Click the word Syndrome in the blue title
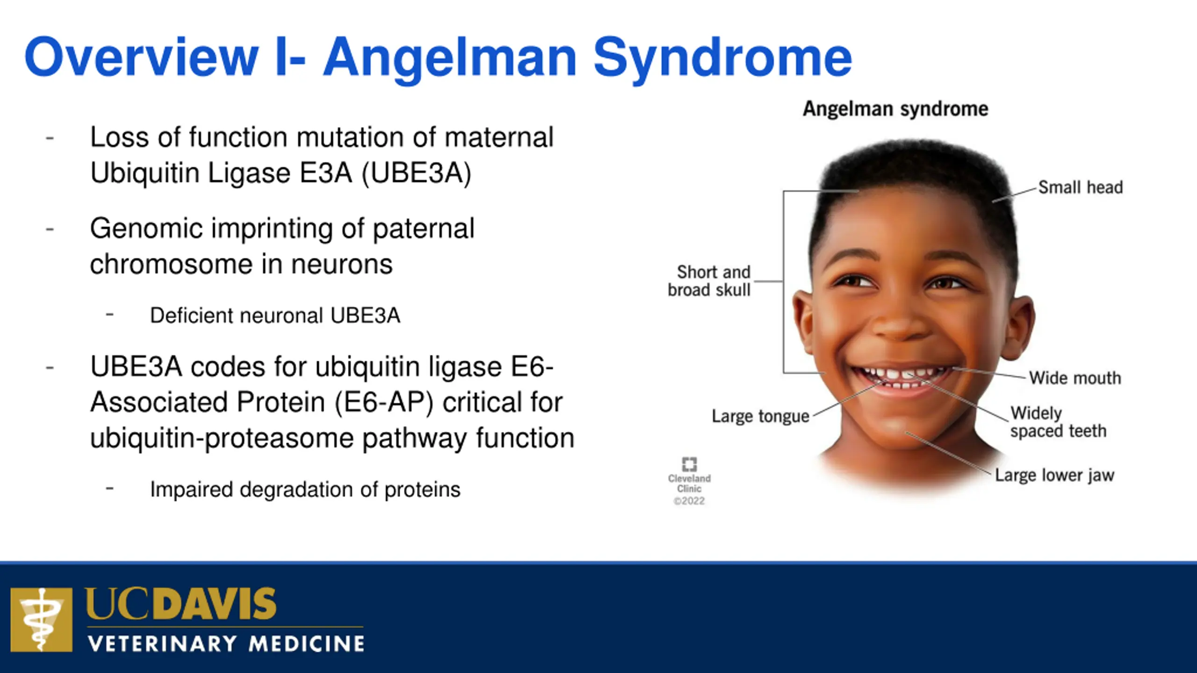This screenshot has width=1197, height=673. pos(723,58)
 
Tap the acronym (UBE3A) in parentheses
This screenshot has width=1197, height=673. pos(417,173)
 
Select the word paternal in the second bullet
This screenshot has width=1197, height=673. pos(423,229)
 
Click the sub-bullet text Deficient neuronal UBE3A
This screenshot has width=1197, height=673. pos(275,315)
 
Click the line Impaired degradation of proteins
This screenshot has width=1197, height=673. pos(305,490)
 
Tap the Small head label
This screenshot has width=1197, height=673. pos(1081,187)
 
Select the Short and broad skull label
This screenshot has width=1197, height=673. pos(709,281)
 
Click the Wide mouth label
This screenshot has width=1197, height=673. pos(1075,378)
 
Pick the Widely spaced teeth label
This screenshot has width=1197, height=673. pos(1059,422)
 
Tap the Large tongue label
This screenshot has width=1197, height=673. pos(761,416)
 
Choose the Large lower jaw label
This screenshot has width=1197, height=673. pos(1055,475)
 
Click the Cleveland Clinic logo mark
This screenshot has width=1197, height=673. pos(689,464)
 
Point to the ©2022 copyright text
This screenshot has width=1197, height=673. pos(689,501)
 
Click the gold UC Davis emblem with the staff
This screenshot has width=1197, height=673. pos(42,620)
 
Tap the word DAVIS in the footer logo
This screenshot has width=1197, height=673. pos(215,604)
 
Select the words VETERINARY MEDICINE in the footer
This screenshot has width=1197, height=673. pos(226,644)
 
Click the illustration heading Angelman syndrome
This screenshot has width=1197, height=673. pos(895,109)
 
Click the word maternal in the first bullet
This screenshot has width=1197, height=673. pos(499,137)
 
